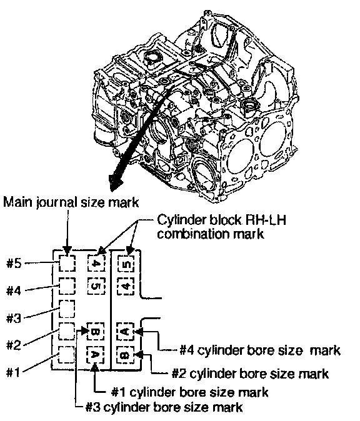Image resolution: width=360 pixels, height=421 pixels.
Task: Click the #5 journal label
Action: tap(14, 264)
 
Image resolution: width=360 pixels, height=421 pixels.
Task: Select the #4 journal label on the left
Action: tap(14, 290)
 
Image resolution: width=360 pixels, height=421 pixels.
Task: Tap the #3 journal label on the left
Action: tap(14, 318)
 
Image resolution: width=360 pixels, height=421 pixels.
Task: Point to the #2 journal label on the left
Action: tap(14, 345)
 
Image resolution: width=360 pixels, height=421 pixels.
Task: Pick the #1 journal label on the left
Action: tap(13, 372)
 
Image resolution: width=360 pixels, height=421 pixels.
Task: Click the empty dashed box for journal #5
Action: tap(67, 263)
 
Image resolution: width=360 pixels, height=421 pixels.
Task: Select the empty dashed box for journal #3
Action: tap(67, 309)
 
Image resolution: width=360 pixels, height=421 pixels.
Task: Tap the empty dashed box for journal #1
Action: tap(67, 354)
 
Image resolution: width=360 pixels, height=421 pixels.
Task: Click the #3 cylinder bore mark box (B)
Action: tap(96, 332)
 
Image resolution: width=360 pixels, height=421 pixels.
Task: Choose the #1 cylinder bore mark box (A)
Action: tap(96, 354)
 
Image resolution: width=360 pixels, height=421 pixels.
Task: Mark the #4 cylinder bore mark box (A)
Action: tap(126, 332)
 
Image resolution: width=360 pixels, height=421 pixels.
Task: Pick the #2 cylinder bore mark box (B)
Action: tap(126, 355)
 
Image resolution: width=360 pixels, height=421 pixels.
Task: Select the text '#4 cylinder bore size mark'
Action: tap(260, 350)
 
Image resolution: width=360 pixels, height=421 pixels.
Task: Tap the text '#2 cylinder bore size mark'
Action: tap(251, 374)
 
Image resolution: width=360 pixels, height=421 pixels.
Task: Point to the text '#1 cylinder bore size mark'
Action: tap(189, 392)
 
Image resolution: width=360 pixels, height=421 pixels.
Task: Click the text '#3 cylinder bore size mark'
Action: tap(164, 407)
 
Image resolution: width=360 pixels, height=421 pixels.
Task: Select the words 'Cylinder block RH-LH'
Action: tap(221, 220)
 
